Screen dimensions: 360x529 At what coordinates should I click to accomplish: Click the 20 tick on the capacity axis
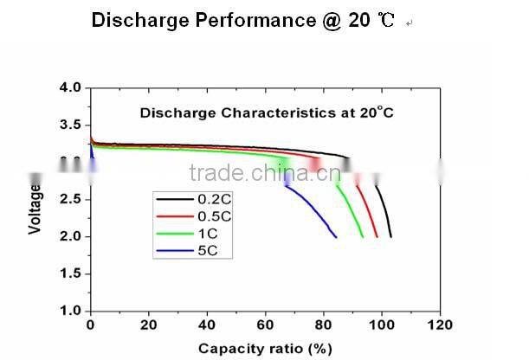(149, 325)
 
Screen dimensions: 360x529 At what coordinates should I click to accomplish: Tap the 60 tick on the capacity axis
(265, 325)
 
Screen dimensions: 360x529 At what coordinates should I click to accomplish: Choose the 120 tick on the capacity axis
(440, 325)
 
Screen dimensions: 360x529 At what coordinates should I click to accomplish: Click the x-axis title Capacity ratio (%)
(266, 348)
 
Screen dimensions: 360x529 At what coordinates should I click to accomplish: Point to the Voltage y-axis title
(35, 206)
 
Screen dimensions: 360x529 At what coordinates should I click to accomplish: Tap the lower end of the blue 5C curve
(336, 236)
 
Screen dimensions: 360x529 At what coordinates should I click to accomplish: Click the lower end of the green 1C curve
(363, 236)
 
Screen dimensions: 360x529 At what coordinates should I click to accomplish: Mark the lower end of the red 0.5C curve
(377, 236)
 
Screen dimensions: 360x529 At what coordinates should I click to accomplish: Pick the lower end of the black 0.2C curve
(391, 236)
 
